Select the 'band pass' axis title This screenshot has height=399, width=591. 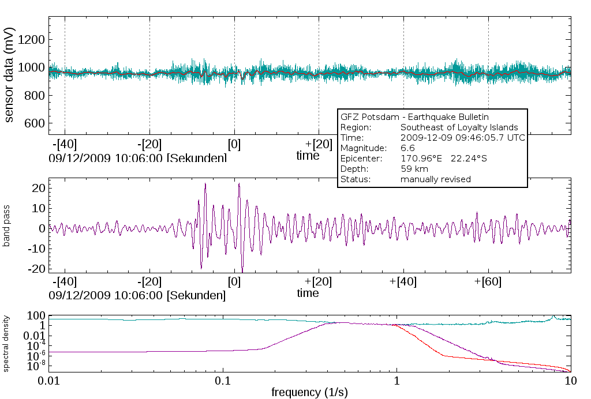(x=7, y=228)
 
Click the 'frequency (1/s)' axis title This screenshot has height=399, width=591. (x=309, y=393)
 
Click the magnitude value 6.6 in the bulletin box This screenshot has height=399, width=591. (x=407, y=148)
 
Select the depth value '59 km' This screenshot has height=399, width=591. (x=412, y=169)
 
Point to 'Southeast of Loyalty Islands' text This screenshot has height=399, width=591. (x=459, y=127)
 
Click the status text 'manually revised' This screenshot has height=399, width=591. (x=435, y=179)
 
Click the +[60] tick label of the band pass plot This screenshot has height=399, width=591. (x=488, y=282)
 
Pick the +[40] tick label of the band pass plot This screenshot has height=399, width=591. (x=403, y=282)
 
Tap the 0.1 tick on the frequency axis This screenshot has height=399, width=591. (x=223, y=381)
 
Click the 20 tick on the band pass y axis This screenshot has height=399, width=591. (x=39, y=187)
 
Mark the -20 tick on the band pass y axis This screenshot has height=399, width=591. (x=37, y=268)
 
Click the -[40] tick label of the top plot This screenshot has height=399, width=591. (x=65, y=143)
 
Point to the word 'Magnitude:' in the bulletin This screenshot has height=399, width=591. (x=360, y=148)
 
